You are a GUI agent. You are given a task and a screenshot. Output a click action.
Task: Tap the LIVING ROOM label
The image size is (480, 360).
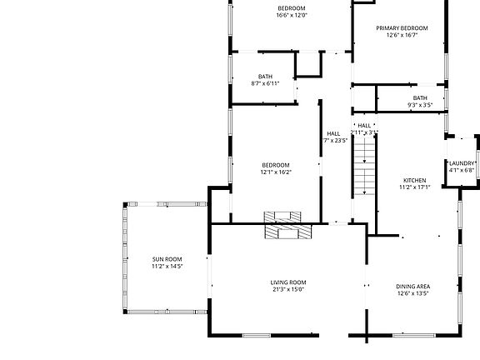click(288, 282)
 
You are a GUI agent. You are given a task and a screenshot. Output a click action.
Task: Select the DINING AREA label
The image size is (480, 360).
click(412, 287)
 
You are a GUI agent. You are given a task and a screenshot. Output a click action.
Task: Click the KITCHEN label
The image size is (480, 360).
click(414, 181)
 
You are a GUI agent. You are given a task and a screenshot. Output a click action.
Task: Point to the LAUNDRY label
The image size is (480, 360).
click(462, 163)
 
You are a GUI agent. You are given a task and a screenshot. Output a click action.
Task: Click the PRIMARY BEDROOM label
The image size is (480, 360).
click(402, 28)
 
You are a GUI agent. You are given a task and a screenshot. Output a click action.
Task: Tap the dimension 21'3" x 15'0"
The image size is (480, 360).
click(288, 290)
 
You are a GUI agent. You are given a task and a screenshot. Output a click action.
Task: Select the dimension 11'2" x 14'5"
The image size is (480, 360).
click(167, 267)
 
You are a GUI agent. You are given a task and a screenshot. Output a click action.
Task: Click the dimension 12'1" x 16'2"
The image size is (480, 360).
click(276, 172)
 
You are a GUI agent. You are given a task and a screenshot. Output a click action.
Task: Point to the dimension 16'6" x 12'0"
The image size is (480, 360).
click(292, 16)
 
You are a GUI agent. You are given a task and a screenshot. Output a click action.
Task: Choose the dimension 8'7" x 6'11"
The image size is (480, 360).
click(265, 83)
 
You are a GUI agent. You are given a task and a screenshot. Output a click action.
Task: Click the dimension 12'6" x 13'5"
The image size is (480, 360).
click(412, 293)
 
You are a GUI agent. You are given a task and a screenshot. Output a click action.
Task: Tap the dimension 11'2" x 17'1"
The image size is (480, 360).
click(414, 187)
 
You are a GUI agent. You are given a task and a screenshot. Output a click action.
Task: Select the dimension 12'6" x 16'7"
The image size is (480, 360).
click(402, 35)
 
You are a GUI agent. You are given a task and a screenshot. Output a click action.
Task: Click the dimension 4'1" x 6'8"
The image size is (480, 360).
click(462, 170)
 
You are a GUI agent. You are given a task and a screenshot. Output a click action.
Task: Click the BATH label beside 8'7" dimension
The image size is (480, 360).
click(265, 77)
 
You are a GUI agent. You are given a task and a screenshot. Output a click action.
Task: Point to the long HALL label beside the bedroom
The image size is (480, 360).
click(333, 133)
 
